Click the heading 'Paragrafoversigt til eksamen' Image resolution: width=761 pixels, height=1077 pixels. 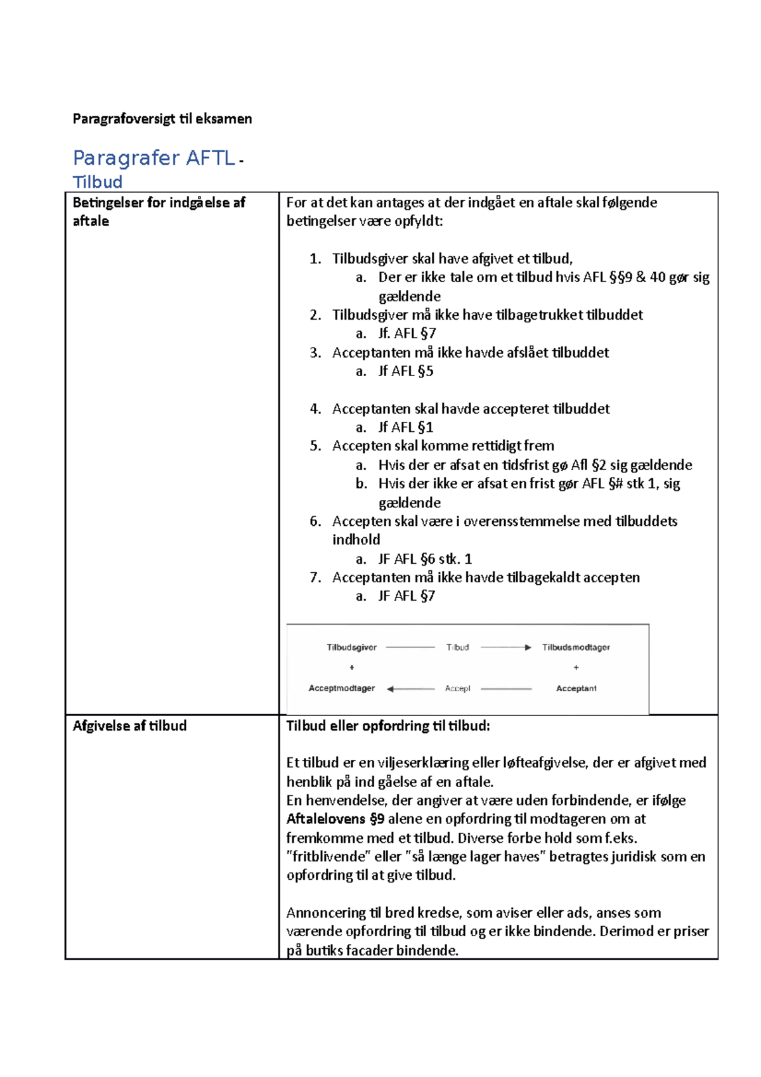(x=162, y=119)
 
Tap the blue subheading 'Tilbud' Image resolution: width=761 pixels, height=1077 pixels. (x=98, y=182)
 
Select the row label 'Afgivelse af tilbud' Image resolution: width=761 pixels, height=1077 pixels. (x=129, y=726)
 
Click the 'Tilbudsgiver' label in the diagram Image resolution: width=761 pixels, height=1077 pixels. (x=351, y=648)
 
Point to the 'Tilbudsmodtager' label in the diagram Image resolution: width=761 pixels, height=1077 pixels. (x=576, y=648)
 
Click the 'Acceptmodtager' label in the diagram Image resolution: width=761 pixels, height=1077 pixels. (x=342, y=688)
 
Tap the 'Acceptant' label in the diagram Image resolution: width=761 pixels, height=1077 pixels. (x=576, y=688)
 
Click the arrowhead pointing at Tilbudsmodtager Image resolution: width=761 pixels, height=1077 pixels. (x=528, y=648)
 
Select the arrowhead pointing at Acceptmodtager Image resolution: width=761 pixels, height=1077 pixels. (x=391, y=689)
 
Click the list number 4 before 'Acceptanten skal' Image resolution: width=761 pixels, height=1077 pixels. (x=315, y=408)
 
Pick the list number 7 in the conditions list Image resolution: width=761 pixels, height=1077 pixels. (x=315, y=577)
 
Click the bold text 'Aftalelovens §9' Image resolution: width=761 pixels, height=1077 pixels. (x=335, y=819)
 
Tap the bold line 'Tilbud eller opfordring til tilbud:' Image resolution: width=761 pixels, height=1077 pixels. (x=388, y=726)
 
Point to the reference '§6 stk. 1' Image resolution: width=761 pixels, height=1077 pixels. (x=446, y=559)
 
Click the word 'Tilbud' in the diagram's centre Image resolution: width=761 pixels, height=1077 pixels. (x=457, y=648)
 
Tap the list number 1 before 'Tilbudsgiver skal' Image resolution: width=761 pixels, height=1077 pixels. (x=315, y=259)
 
